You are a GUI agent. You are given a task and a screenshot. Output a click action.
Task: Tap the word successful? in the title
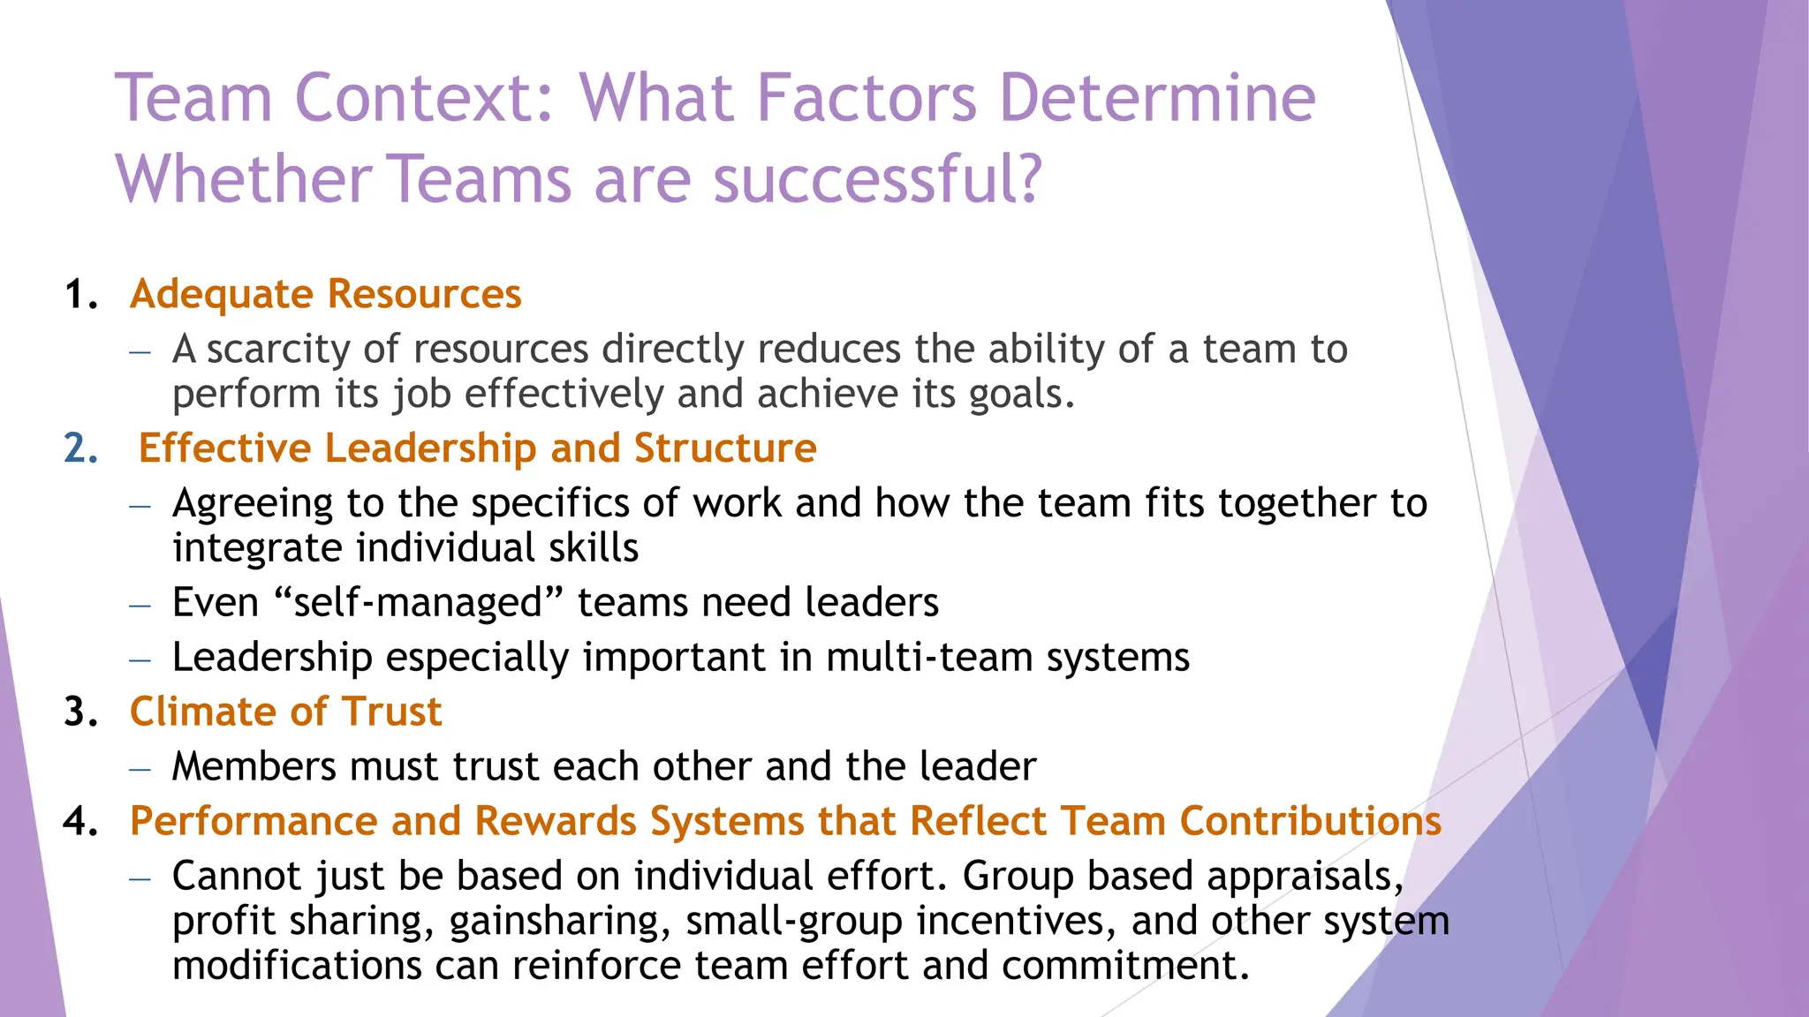878,179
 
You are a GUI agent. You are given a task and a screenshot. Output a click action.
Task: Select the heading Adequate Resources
325,294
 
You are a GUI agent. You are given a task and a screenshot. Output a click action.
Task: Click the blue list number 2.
80,448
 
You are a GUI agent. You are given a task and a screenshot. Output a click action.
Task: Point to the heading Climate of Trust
285,712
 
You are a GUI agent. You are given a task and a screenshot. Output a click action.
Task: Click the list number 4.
80,821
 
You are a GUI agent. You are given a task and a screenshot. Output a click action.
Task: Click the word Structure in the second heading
725,448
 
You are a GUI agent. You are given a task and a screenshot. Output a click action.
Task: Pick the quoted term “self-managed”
419,603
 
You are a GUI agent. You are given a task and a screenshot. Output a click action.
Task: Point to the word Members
254,766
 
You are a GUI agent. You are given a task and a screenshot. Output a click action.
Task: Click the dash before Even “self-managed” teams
140,606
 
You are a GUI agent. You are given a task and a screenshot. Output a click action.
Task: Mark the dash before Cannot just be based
140,878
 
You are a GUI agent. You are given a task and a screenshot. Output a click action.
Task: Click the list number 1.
80,295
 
